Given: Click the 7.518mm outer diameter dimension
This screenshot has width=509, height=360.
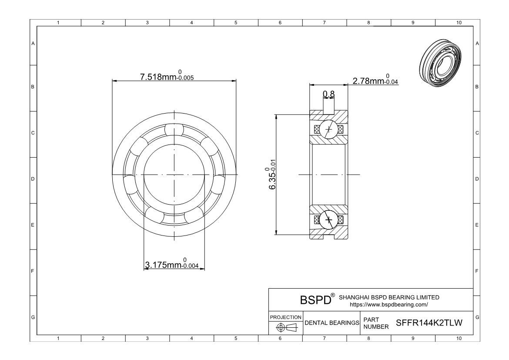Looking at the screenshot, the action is click(167, 76).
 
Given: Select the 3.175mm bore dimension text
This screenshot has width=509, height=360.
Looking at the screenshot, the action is click(172, 264).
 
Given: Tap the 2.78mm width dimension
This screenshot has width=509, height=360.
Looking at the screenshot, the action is click(375, 80).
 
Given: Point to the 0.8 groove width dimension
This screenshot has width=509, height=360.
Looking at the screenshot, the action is click(328, 94).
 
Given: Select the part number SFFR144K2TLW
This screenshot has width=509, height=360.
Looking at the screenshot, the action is click(429, 323).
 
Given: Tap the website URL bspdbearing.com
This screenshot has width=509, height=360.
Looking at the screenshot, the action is click(389, 305).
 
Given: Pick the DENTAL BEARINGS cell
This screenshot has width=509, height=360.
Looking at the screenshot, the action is click(332, 323).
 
